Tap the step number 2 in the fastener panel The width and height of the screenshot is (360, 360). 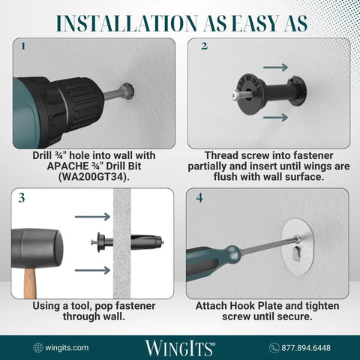[x=204, y=46]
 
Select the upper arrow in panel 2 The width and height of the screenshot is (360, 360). [x=275, y=67]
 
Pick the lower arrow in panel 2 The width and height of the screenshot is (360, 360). [x=275, y=117]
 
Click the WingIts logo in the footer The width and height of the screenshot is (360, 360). [x=180, y=347]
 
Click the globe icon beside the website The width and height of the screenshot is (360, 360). [x=38, y=347]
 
